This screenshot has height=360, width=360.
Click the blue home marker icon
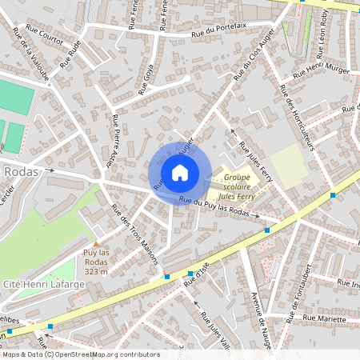tap(180, 172)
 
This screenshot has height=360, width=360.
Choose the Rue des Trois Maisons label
tap(135, 234)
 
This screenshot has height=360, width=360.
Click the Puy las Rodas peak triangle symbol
tap(96, 244)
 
